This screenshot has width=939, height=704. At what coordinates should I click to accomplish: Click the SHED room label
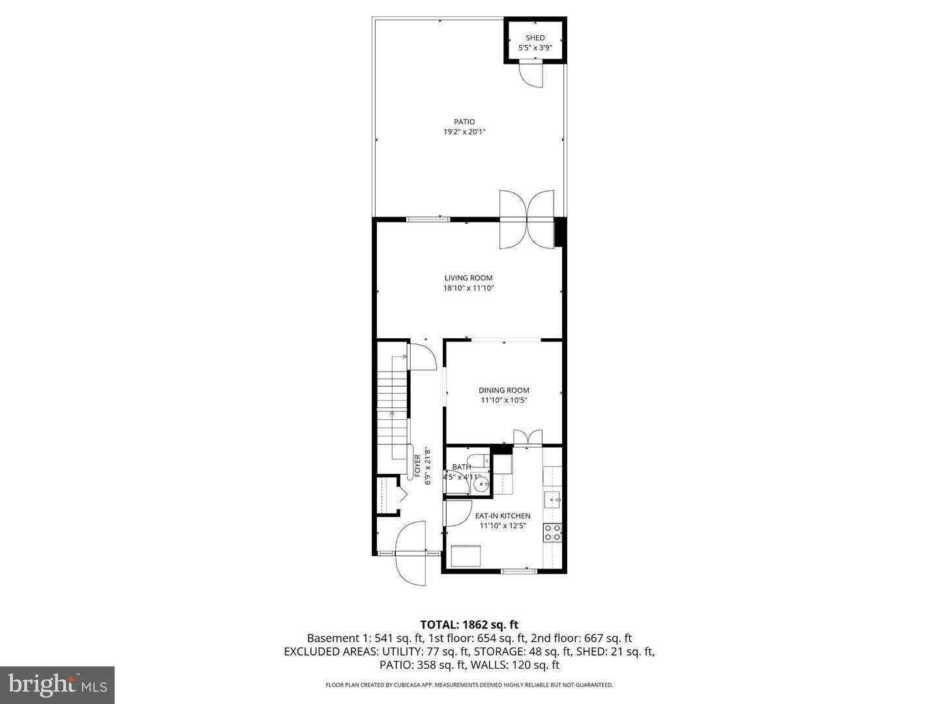(535, 38)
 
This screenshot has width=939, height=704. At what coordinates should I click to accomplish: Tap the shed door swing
(531, 74)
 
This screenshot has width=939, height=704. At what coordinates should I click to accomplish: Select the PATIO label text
(464, 122)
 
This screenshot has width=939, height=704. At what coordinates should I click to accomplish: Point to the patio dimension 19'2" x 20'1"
(464, 132)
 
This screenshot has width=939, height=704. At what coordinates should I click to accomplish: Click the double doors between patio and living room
(527, 219)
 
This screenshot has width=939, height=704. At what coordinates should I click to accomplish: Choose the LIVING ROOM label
(468, 278)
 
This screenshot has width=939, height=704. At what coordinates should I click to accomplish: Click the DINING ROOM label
(503, 390)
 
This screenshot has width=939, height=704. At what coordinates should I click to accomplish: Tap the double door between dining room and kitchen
(528, 438)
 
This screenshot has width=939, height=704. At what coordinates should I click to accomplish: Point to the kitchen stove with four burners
(552, 533)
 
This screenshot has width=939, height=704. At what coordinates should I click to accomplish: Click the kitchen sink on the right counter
(552, 500)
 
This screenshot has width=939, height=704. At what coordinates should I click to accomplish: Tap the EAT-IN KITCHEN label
(502, 516)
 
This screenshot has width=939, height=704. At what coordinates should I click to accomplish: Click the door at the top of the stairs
(423, 357)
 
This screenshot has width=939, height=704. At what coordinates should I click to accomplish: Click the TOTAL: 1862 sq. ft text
(469, 624)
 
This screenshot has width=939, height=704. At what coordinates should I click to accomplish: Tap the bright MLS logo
(57, 684)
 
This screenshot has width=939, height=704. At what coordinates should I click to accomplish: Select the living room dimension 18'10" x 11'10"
(468, 288)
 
